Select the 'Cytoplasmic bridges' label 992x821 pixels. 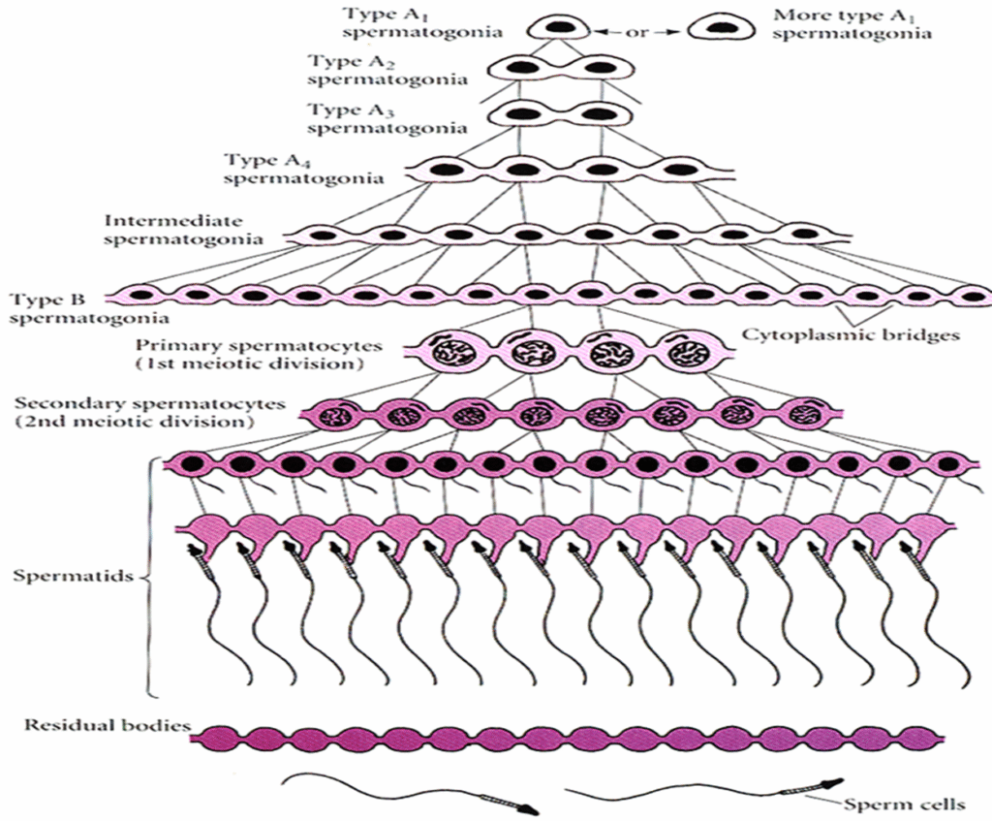[851, 335]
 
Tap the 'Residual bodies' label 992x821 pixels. [94, 724]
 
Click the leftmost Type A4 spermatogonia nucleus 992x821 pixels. [447, 170]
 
